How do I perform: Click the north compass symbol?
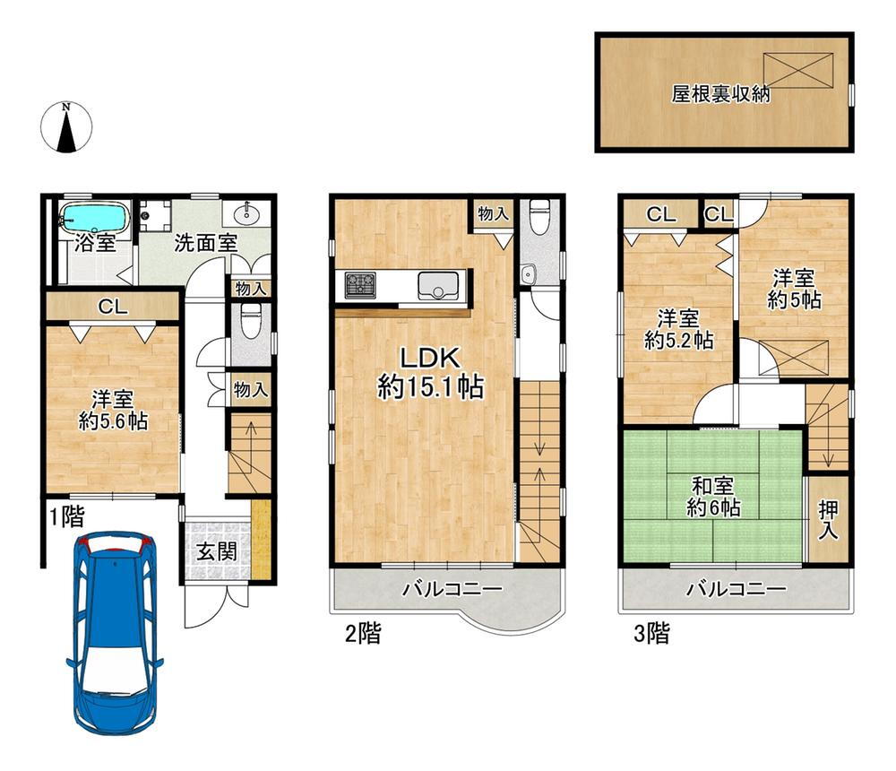[x=66, y=127]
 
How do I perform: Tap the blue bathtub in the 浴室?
[x=94, y=218]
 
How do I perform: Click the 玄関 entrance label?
[x=217, y=551]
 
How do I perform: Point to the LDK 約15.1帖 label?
[x=430, y=373]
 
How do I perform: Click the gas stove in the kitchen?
[x=360, y=284]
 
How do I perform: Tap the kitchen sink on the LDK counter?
[x=438, y=285]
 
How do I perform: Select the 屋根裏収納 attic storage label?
[x=720, y=94]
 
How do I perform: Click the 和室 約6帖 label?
[x=713, y=497]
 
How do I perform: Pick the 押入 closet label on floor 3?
[x=828, y=519]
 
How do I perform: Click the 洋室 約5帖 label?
[x=794, y=290]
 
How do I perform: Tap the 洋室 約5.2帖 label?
[x=678, y=329]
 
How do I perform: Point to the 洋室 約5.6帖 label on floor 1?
[x=113, y=410]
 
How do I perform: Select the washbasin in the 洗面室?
[x=247, y=212]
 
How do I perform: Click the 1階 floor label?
[x=66, y=516]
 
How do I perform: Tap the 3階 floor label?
[x=651, y=633]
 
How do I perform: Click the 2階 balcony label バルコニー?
[x=452, y=588]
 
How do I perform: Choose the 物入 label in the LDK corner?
[x=493, y=214]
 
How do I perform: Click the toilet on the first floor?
[x=251, y=322]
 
